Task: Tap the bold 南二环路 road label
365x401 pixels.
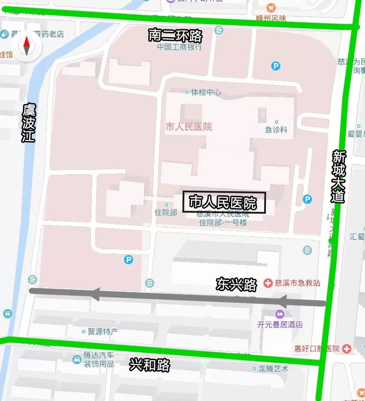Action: [x=175, y=36]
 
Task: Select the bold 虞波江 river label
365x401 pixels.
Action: [x=29, y=123]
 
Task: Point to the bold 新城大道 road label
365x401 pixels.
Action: [x=338, y=176]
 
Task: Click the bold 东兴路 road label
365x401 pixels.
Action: [x=236, y=284]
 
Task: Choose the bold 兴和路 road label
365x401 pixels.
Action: [x=150, y=365]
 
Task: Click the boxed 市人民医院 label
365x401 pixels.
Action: [x=224, y=203]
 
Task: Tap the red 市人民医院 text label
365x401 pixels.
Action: [x=189, y=127]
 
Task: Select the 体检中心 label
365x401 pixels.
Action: [x=205, y=92]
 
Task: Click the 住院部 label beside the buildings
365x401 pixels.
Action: [x=166, y=212]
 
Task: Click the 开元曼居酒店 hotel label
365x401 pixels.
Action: [x=280, y=324]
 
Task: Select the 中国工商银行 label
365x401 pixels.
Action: [x=179, y=47]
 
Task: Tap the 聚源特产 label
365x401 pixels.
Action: [x=102, y=332]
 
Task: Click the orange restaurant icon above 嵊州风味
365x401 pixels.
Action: [x=271, y=8]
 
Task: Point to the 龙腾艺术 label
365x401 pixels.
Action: [x=273, y=369]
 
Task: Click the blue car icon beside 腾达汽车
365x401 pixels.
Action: [x=77, y=359]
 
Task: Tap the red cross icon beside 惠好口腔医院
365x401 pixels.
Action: [x=347, y=348]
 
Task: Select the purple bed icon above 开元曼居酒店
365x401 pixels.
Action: [x=280, y=314]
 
